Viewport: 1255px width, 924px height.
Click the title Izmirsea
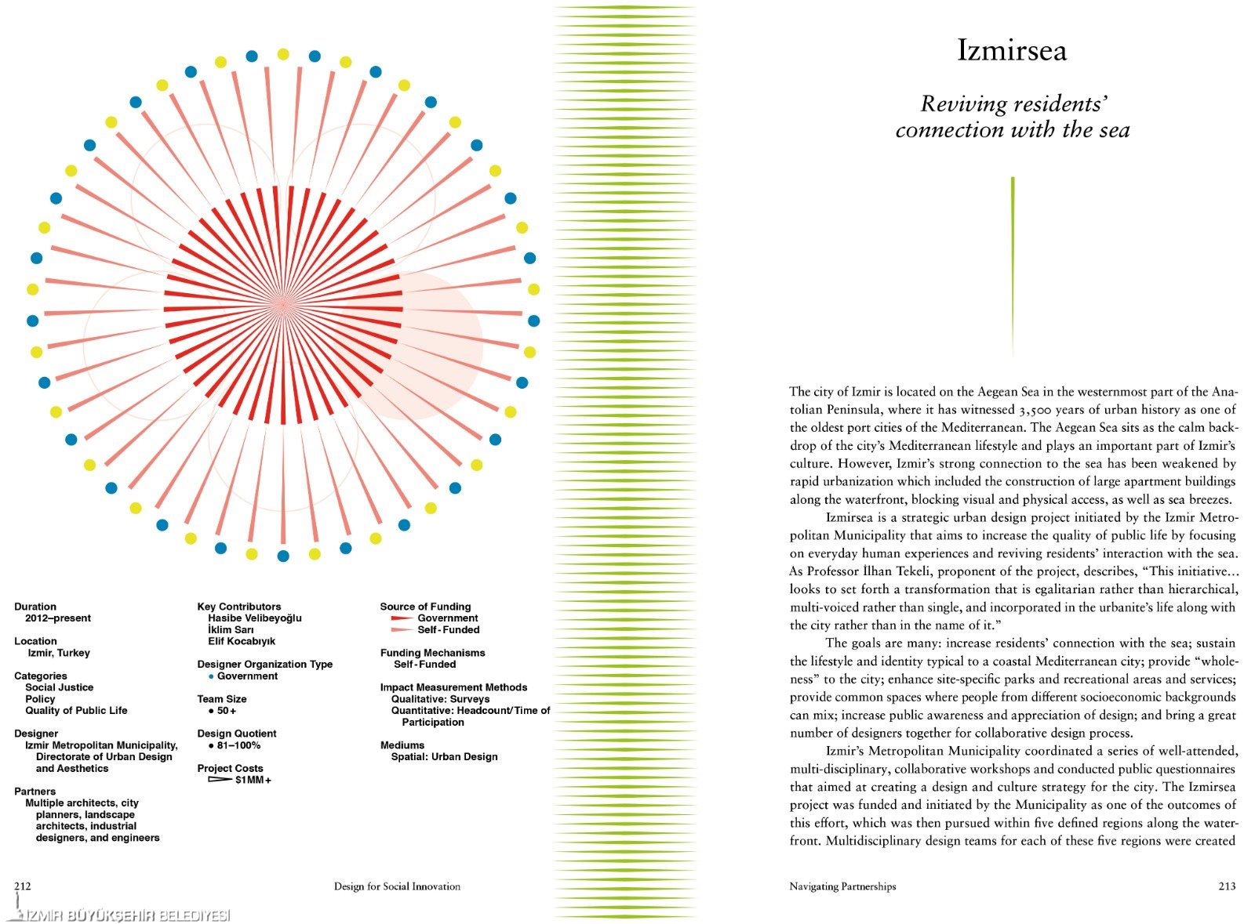1011,51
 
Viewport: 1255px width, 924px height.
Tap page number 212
23,886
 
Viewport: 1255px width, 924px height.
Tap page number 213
1227,886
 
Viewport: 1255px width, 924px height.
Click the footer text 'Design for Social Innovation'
397,886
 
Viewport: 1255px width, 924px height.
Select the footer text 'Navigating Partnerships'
842,886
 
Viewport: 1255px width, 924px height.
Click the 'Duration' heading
35,607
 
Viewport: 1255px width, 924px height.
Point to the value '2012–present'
58,618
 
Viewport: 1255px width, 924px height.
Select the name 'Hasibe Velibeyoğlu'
254,618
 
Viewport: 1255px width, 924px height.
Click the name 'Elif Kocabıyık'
242,641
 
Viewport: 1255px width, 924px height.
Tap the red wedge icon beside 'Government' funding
402,618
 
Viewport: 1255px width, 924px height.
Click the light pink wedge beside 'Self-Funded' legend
402,630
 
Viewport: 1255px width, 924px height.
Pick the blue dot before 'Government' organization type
211,676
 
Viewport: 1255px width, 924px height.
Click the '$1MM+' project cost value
253,781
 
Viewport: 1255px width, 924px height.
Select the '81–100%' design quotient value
238,745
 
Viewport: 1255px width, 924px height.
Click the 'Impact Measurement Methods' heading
453,687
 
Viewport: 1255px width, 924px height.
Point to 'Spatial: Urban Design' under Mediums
444,757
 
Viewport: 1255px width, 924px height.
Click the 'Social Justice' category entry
59,687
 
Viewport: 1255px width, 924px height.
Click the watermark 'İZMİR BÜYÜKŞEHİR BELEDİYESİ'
125,915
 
